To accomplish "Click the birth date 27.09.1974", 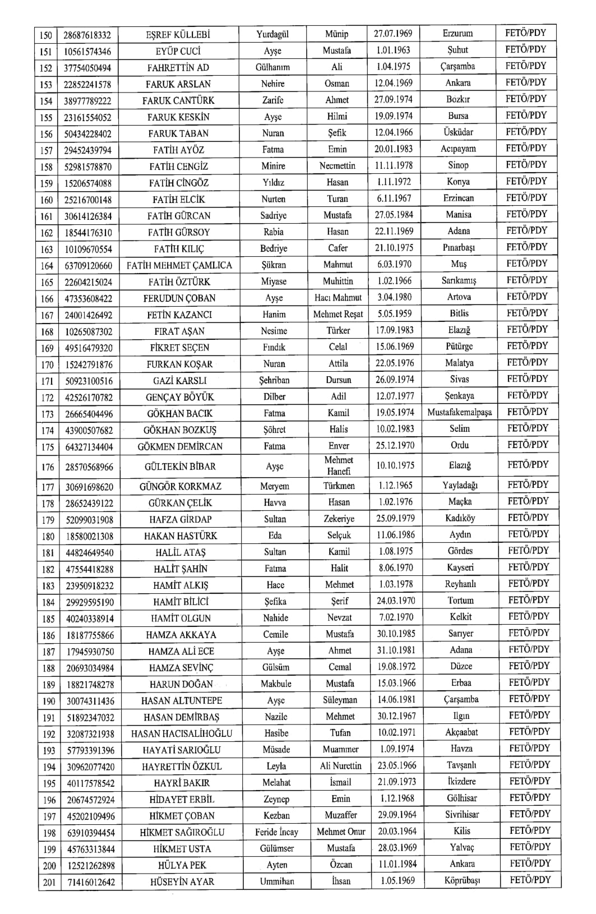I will (x=394, y=100).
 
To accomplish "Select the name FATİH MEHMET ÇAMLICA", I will (x=179, y=265).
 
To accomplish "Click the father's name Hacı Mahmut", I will (x=338, y=298).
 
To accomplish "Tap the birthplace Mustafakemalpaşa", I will (x=459, y=413).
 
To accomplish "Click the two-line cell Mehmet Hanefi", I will (x=339, y=465).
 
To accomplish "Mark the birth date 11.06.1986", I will (x=396, y=535).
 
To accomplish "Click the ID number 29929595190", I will (x=89, y=602).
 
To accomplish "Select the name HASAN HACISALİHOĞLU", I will (x=182, y=733).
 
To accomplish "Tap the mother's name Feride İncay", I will (x=276, y=832).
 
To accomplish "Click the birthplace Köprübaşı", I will (x=463, y=880).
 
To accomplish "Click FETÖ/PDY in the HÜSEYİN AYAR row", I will (x=530, y=880).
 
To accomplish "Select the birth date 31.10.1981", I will (x=396, y=650).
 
